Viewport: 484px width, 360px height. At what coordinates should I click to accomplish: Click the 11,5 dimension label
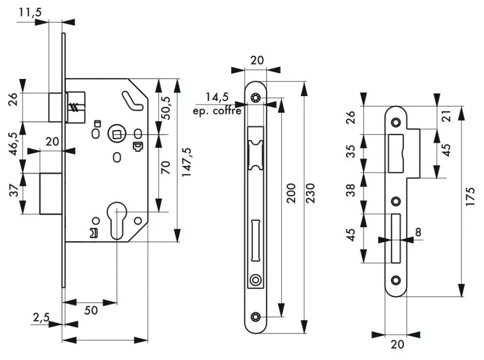click(x=30, y=12)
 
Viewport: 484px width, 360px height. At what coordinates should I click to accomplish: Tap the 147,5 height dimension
click(x=186, y=162)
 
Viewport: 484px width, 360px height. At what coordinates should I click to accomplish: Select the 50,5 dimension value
click(x=165, y=108)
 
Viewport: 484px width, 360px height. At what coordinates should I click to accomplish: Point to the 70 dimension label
click(x=165, y=167)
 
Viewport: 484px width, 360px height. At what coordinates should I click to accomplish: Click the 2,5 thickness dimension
click(x=41, y=317)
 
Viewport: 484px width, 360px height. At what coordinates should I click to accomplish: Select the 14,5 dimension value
click(x=217, y=97)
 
